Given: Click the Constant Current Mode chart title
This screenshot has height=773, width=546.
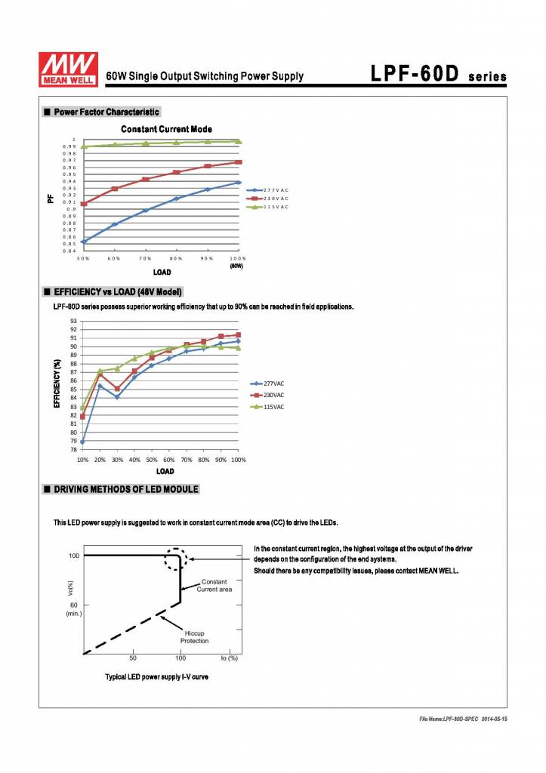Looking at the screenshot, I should coord(166,129).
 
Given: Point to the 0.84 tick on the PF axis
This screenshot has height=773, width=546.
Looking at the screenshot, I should coord(69,251).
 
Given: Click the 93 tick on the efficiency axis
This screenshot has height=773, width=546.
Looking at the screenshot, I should coord(73,321).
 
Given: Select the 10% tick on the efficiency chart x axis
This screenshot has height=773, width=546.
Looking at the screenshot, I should coord(82,460).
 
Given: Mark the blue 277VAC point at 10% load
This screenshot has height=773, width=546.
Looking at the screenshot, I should coord(82,442).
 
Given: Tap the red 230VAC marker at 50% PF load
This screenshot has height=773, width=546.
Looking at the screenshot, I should coord(83,204).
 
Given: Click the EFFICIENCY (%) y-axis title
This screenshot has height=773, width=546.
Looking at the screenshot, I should coord(57,383).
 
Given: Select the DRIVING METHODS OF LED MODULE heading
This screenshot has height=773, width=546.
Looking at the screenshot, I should coord(125,489).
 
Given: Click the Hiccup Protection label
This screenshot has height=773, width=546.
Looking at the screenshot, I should coord(195,637).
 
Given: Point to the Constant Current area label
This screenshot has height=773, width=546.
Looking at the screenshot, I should coord(214,585).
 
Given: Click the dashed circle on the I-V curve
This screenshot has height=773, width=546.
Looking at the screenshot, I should coord(177,559).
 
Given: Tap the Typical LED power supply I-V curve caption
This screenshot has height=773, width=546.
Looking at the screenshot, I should coord(156,676).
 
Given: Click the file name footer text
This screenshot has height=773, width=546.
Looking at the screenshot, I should coord(463,719).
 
